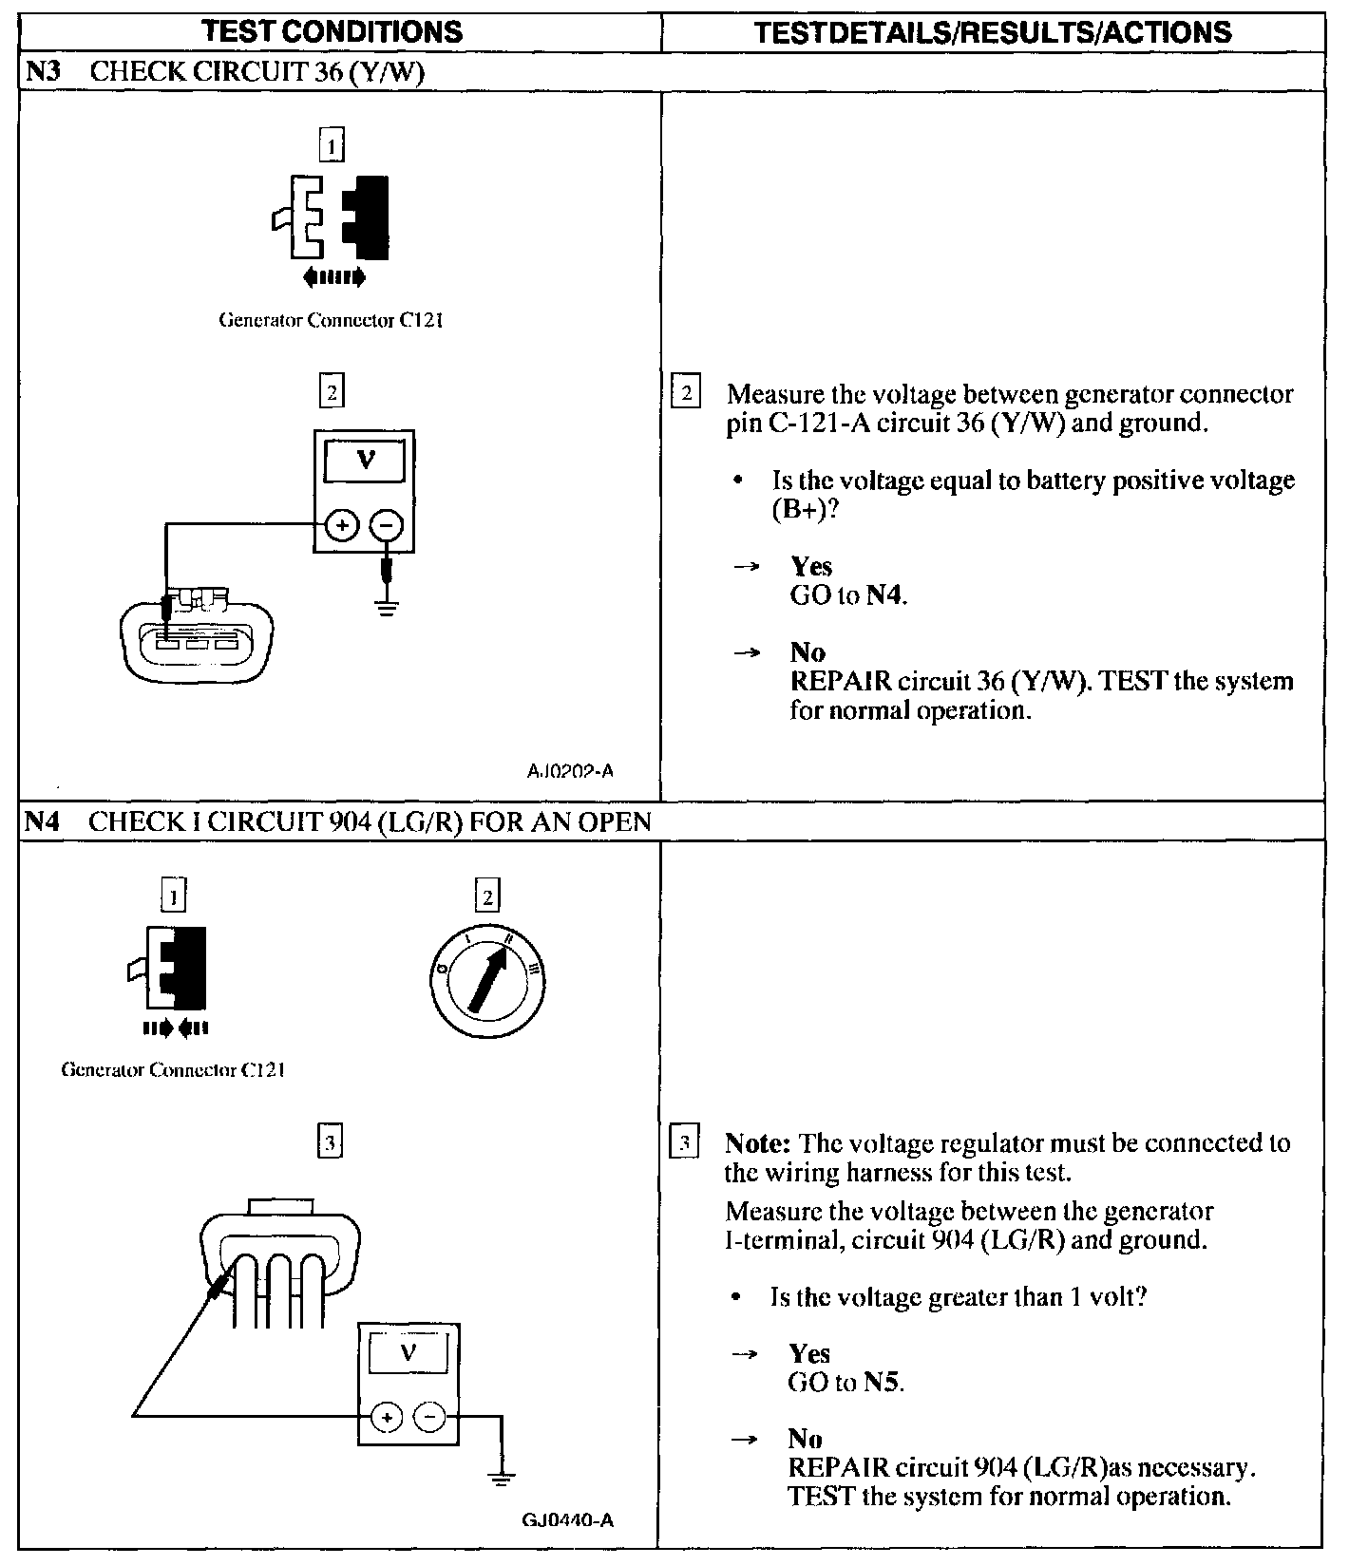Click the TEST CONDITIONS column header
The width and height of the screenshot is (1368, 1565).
tap(332, 31)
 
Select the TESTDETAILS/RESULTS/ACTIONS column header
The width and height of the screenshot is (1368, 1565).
tap(992, 32)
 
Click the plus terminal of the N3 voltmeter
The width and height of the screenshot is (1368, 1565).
tap(342, 525)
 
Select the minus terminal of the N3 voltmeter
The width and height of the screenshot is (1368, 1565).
tap(386, 525)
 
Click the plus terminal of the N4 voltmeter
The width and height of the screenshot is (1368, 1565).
tap(386, 1418)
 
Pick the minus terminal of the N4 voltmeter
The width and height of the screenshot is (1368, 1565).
tap(429, 1418)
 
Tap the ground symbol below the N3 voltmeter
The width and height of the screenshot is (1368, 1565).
tap(386, 607)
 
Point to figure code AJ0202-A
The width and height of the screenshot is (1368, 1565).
tap(570, 771)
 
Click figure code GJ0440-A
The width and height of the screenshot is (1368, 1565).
tap(567, 1520)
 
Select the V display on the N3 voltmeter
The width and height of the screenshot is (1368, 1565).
tap(365, 461)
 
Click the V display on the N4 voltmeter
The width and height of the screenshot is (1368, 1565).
tap(408, 1352)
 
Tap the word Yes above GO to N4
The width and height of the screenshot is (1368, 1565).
tap(811, 566)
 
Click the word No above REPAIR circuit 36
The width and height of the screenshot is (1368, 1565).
tap(807, 652)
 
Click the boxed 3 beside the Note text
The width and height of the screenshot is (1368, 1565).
tap(685, 1142)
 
